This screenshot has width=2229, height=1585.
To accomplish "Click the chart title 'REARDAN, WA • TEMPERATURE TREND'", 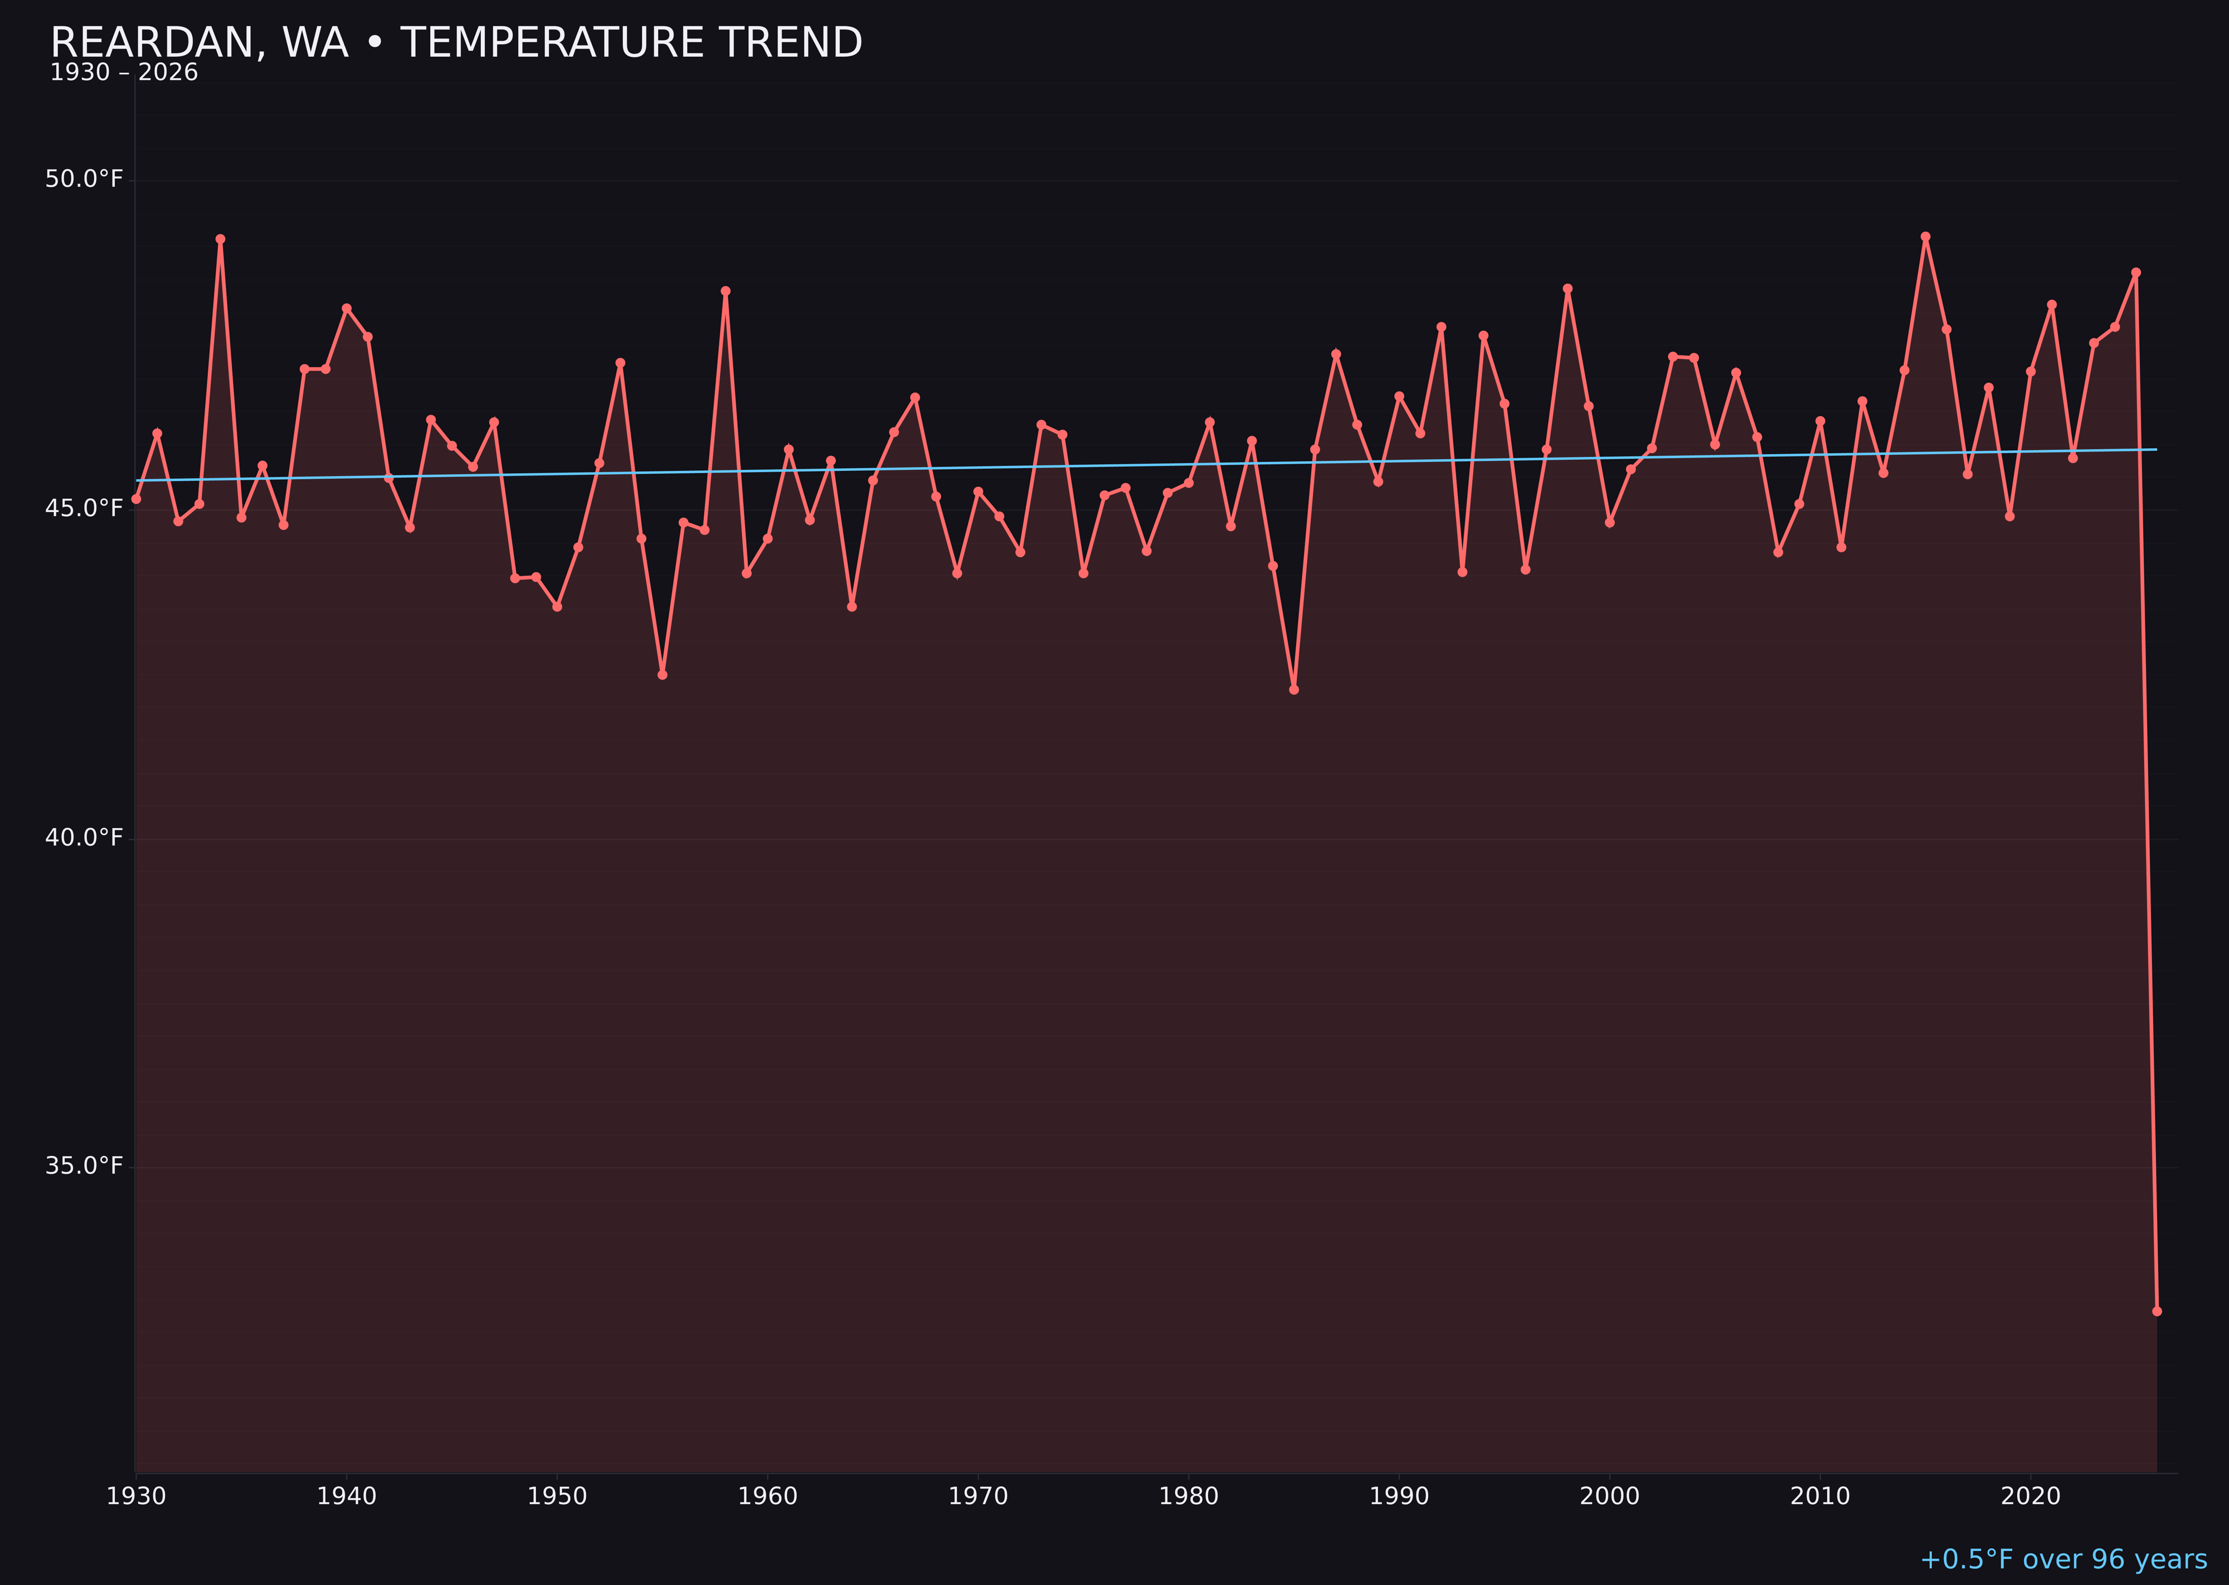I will tap(456, 43).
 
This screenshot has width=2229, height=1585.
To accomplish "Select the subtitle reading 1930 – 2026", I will tap(124, 73).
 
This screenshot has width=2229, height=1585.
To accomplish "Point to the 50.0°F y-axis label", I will tap(84, 179).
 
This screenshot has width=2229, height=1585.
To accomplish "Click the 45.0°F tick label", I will tap(84, 508).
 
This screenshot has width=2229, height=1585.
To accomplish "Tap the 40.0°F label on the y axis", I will tap(84, 838).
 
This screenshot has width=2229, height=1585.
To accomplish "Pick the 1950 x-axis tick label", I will tap(557, 1496).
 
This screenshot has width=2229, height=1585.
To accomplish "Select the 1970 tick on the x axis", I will tap(978, 1496).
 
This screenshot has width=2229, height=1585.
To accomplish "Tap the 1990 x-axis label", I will tap(1399, 1496).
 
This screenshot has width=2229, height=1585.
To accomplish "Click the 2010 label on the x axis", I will tap(1820, 1496).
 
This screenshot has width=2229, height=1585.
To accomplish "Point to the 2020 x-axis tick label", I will tap(2031, 1496).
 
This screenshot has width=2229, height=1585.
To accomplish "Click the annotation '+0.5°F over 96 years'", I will tap(2063, 1559).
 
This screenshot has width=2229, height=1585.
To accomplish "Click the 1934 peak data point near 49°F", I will tap(221, 239).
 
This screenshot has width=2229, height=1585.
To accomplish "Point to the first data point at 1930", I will tap(137, 499).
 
